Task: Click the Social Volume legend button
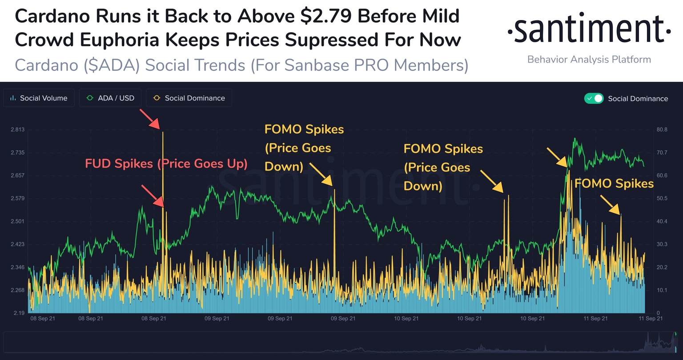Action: (39, 98)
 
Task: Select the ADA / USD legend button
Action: (111, 98)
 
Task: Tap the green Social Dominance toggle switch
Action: (594, 98)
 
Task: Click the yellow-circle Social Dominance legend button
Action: (189, 98)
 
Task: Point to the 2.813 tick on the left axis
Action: (17, 130)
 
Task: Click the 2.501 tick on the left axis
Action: (17, 221)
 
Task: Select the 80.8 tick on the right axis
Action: (662, 130)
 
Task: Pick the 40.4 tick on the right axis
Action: (662, 221)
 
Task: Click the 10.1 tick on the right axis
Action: (662, 290)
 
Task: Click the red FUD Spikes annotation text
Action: (166, 164)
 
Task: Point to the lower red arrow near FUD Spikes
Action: (153, 196)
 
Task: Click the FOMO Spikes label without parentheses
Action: (614, 184)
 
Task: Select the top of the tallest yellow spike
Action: (163, 132)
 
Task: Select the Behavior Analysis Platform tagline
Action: (589, 60)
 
